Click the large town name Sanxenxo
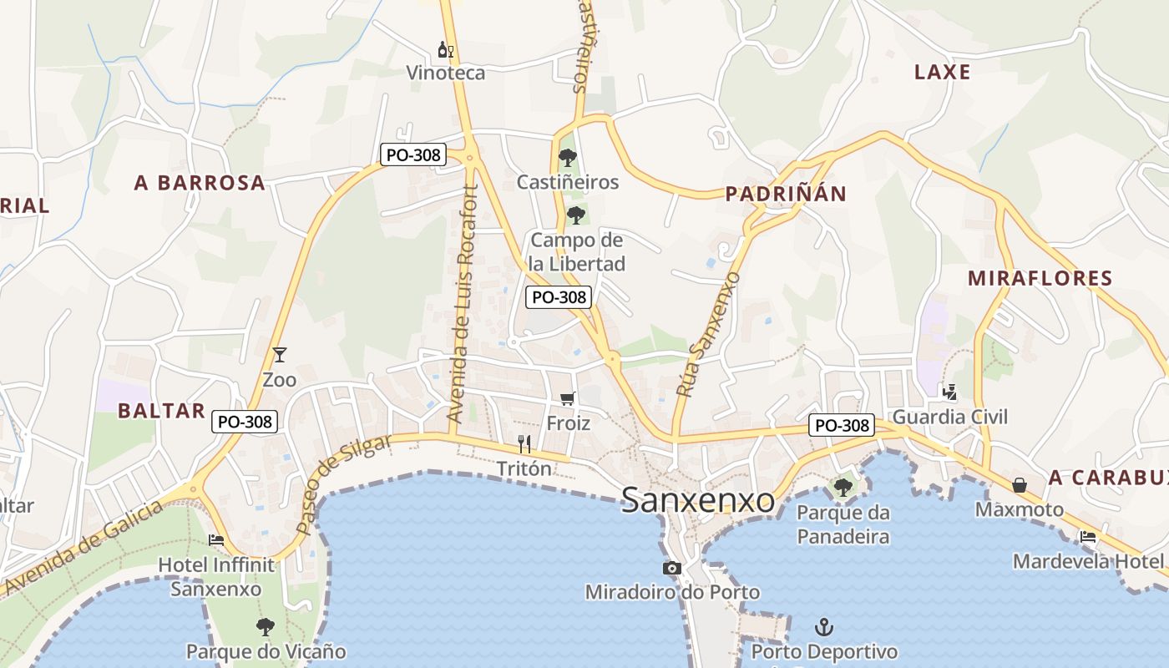(x=699, y=500)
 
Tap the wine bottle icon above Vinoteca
(x=446, y=51)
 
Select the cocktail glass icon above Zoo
(x=279, y=355)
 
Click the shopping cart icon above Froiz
(x=568, y=398)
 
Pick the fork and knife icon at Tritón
(x=524, y=443)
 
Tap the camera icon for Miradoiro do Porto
(x=671, y=569)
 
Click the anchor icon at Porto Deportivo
(x=824, y=626)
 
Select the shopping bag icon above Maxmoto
(x=1020, y=485)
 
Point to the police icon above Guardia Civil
(x=949, y=391)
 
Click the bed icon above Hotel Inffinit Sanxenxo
(x=216, y=540)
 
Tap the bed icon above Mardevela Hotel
(x=1087, y=537)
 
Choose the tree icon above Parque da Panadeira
(x=843, y=487)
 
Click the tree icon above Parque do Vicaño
(x=266, y=626)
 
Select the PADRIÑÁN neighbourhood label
(x=786, y=195)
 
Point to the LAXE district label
(x=943, y=72)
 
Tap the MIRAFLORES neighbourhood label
(x=1040, y=278)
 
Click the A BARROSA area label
(x=200, y=183)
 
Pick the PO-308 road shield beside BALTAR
(x=245, y=422)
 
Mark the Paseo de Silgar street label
(x=343, y=484)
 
